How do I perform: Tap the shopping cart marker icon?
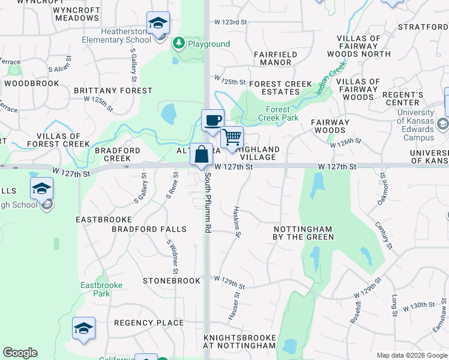click(232, 137)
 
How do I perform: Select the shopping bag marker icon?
click(202, 155)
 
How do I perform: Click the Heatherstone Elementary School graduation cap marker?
click(158, 24)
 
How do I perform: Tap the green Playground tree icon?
click(178, 44)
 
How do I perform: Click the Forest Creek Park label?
click(278, 113)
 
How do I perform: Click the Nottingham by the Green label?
click(304, 233)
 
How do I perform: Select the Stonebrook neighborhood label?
click(171, 281)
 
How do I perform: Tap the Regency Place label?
click(149, 323)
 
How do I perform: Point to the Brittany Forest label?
click(113, 91)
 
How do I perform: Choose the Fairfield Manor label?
click(276, 58)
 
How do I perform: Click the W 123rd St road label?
click(231, 22)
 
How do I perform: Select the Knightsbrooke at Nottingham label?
click(240, 341)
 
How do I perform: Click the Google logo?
click(20, 353)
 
